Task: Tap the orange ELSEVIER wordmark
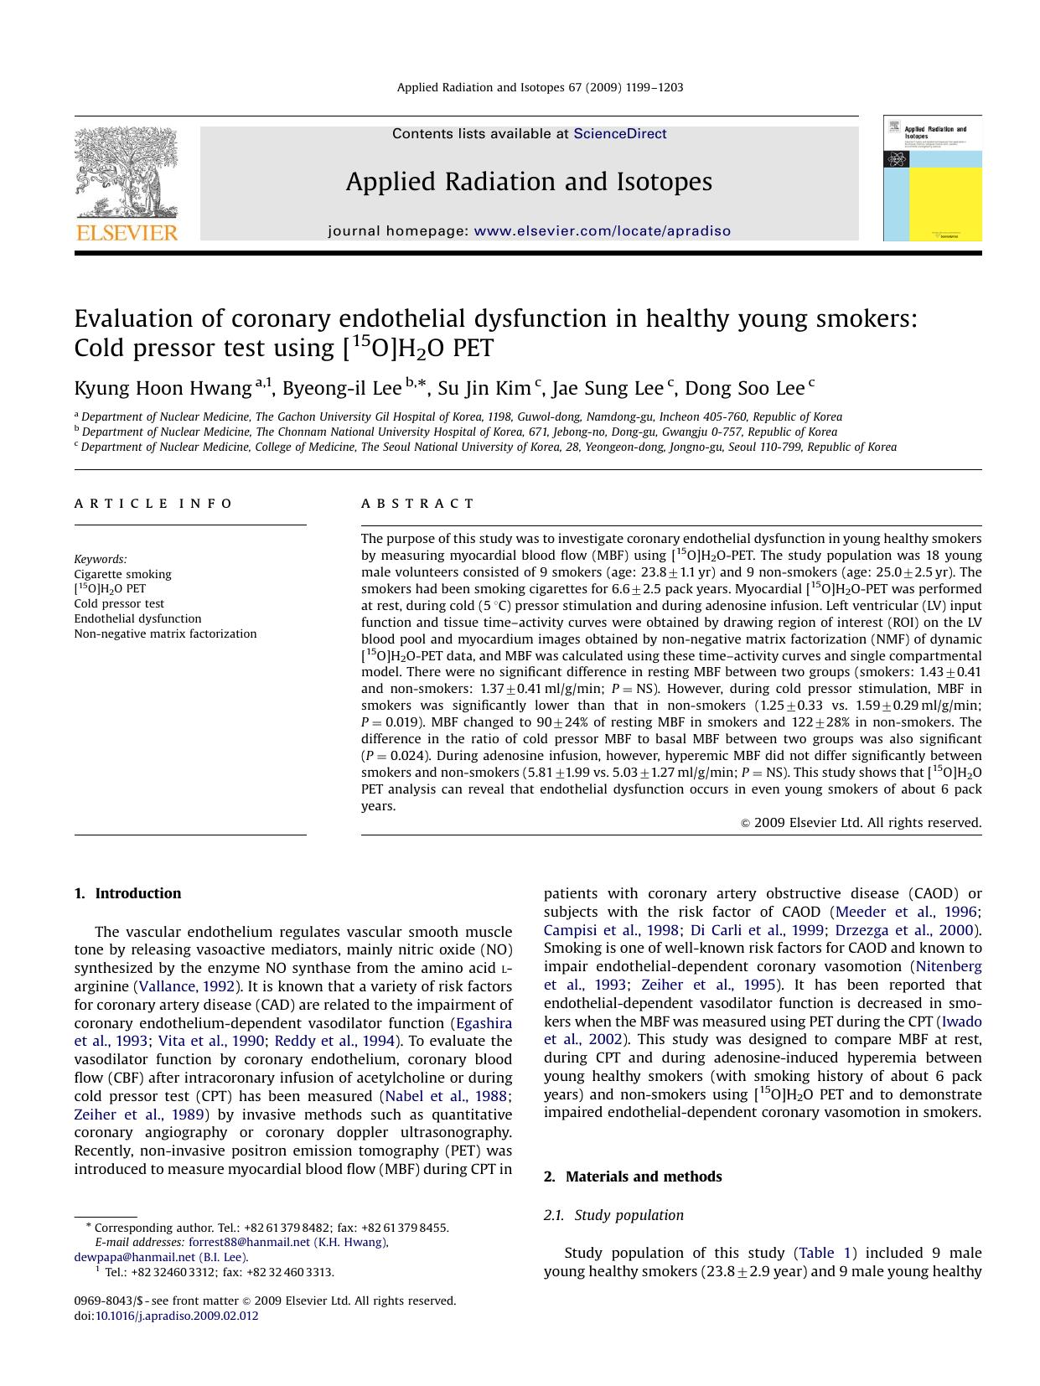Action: tap(127, 233)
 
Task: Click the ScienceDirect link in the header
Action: tap(619, 134)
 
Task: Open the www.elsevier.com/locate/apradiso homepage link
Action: tap(602, 231)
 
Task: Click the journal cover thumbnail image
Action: tap(932, 178)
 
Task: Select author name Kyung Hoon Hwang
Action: tap(163, 389)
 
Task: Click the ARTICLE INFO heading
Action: tap(153, 504)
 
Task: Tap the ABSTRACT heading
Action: tap(417, 504)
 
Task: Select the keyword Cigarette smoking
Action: tap(122, 575)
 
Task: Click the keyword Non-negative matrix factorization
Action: tap(165, 634)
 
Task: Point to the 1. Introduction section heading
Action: tap(127, 894)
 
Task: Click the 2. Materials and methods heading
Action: tap(633, 1177)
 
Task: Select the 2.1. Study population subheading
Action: tap(613, 1216)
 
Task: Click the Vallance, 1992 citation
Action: tap(186, 987)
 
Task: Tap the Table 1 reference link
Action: tap(825, 1254)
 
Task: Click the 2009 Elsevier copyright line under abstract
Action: tap(861, 824)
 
